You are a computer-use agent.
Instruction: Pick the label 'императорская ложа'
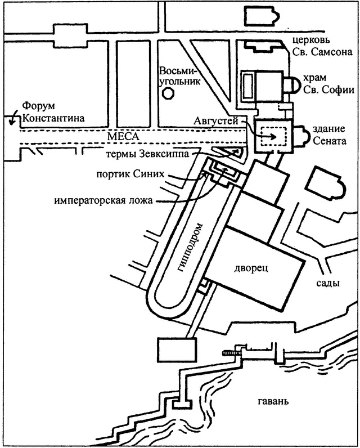point(104,199)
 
